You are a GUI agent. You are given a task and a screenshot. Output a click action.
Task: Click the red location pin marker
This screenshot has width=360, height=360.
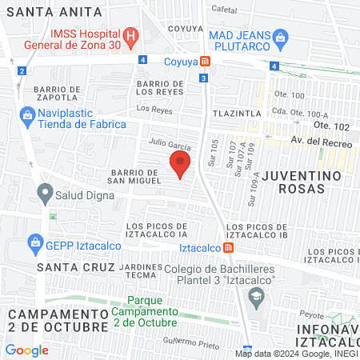pos(180,166)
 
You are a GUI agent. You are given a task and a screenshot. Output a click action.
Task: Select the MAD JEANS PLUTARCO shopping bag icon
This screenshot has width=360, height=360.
pos(280,36)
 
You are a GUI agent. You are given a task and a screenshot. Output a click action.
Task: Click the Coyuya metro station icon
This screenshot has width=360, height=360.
pos(206,62)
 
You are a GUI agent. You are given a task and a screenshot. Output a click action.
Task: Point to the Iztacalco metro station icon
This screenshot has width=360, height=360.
pos(229,247)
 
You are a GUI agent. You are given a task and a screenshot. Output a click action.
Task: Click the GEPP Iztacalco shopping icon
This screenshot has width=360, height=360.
pos(35,242)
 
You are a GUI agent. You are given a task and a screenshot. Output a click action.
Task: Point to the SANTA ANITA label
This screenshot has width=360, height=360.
pos(53,12)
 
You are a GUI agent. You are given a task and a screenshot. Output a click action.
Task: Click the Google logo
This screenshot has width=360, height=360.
pos(27,350)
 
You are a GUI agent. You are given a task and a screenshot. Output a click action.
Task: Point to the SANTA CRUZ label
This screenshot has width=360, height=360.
pos(76,266)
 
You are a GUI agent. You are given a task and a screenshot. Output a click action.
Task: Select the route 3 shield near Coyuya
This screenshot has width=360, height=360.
pos(204,78)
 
